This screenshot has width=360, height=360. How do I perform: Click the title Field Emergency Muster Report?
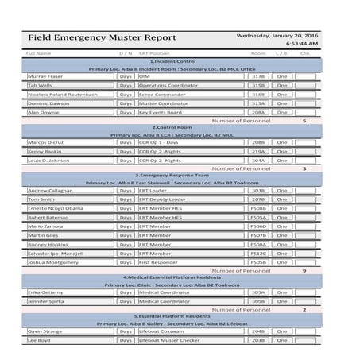coord(103,37)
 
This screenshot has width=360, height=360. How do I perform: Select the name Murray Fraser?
coord(45,75)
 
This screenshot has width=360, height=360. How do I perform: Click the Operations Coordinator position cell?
coord(170,85)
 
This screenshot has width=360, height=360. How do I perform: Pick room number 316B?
coord(258,95)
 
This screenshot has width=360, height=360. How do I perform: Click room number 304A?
coord(258,160)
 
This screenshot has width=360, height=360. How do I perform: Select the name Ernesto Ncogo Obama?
coord(55,208)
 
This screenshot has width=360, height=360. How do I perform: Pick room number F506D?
coord(258,226)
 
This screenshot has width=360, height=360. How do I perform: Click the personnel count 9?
coord(304,271)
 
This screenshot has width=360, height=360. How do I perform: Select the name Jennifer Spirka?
coord(48,301)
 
